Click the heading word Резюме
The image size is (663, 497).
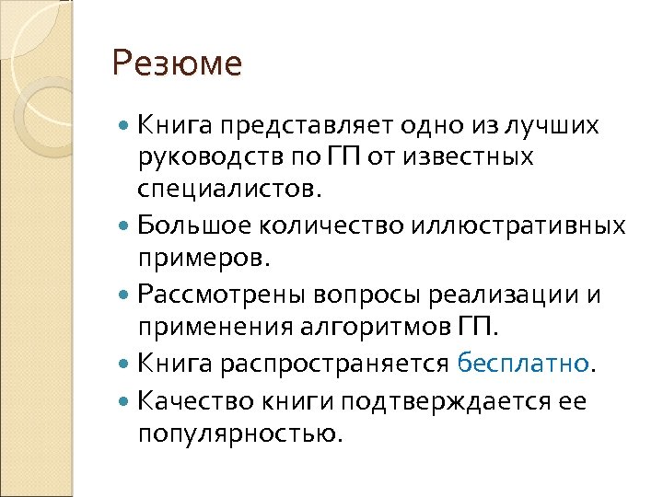176,65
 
